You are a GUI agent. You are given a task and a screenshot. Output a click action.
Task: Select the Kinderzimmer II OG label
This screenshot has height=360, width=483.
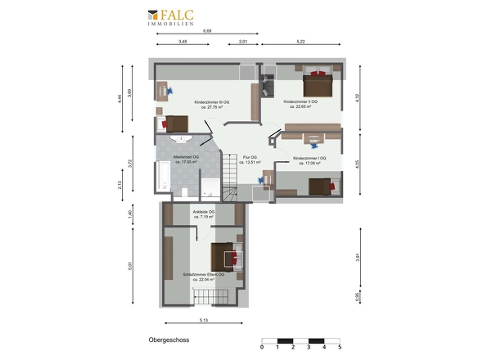point(300,104)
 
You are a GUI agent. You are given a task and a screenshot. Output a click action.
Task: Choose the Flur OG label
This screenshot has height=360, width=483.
point(251,159)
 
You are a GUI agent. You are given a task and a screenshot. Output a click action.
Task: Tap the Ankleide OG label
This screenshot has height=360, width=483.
point(202,215)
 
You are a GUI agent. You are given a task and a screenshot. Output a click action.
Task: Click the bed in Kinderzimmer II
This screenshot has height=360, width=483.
point(316,83)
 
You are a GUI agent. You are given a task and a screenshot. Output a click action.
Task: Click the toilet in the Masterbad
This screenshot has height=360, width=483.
point(187,191)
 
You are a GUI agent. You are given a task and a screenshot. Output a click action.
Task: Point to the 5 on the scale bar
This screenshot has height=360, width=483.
point(339,347)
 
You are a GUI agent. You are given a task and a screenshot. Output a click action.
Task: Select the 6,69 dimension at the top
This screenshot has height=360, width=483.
point(206,31)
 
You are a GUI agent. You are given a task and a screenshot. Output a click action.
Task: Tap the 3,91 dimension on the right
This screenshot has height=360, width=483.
point(357,257)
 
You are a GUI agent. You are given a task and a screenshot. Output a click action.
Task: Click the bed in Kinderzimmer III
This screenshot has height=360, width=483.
point(174,123)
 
